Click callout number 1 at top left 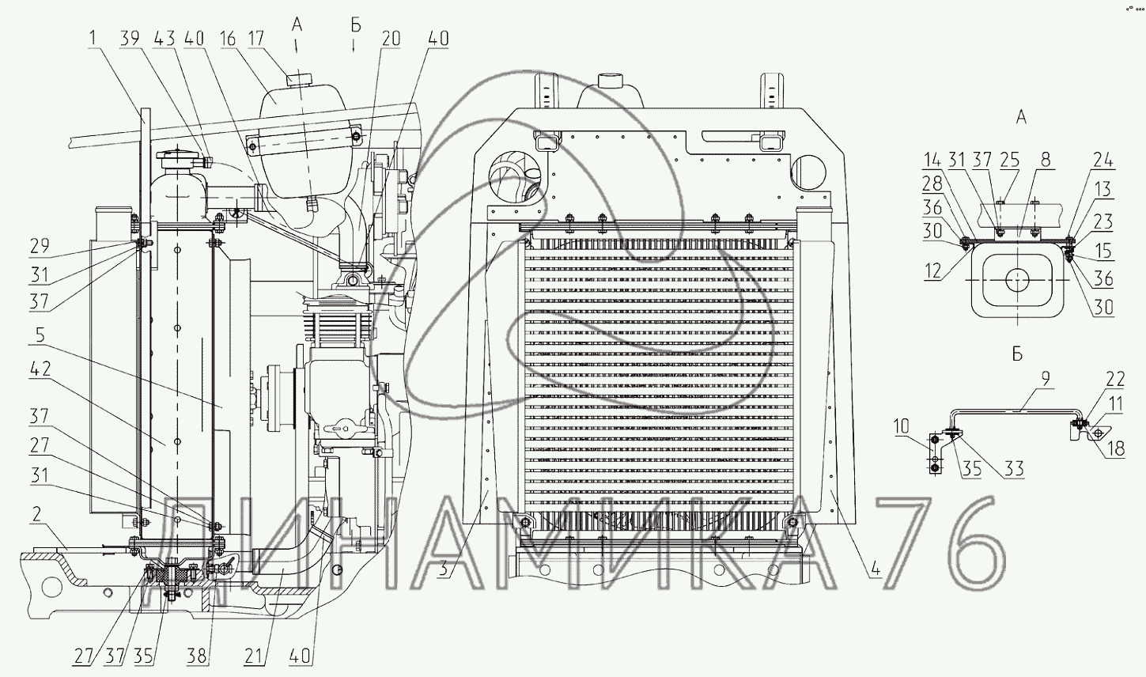(x=95, y=38)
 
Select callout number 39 (x=132, y=38)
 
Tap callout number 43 (x=165, y=38)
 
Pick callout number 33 (x=1015, y=469)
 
